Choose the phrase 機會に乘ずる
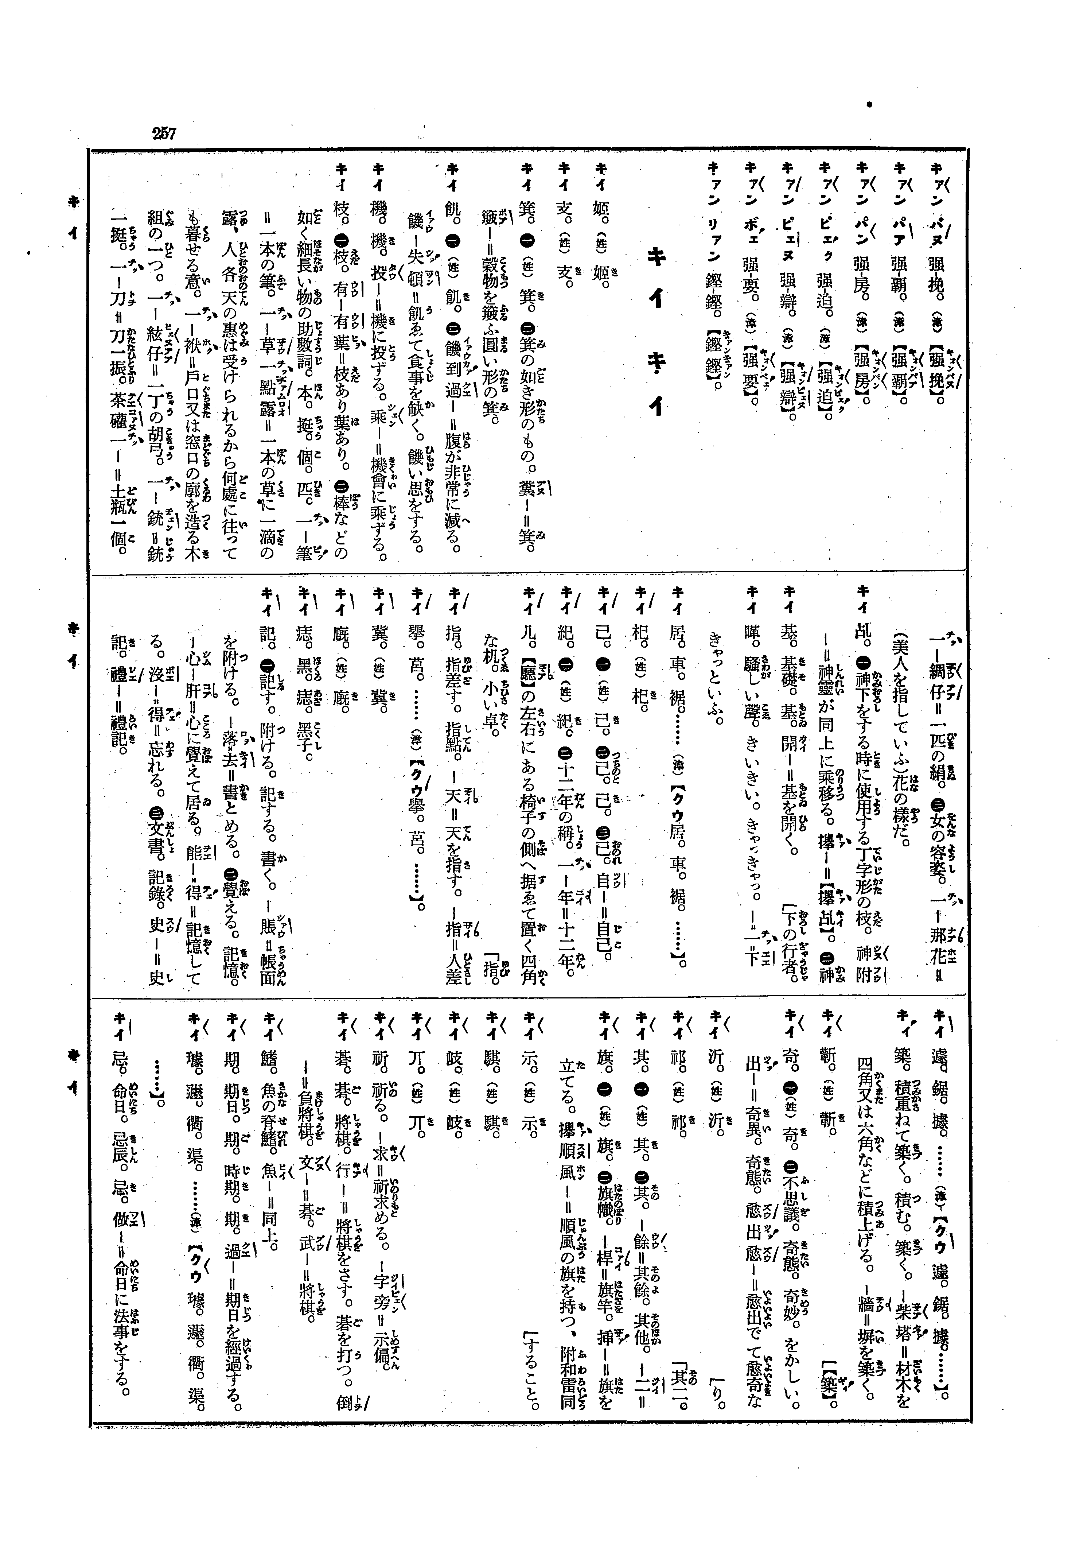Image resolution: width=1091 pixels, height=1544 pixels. click(382, 521)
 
